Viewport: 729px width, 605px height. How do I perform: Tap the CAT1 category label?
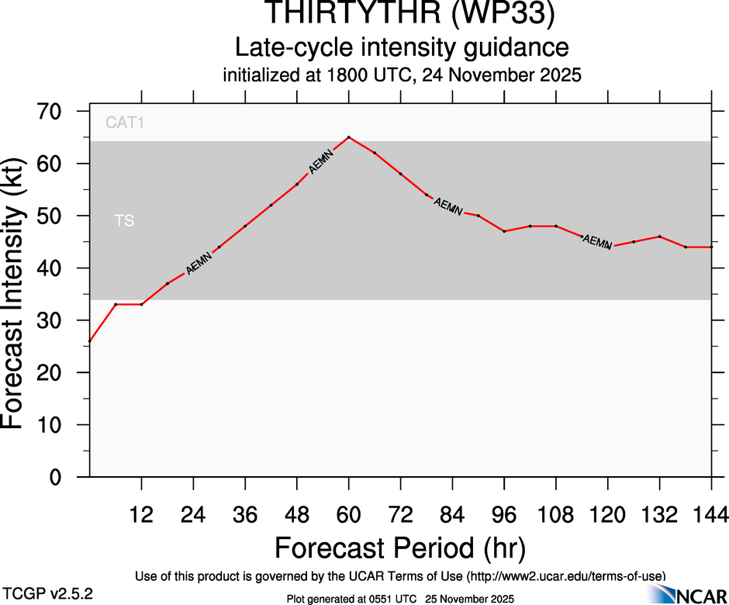point(125,123)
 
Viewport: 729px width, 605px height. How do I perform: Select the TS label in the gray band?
point(124,221)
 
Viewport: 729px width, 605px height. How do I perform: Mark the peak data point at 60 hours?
point(349,137)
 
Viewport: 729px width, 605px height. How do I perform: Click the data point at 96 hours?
point(504,231)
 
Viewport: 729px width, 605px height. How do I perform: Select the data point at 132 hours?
point(660,237)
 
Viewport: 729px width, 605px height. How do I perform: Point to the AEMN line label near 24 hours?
point(199,264)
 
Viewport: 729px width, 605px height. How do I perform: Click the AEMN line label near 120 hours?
point(597,242)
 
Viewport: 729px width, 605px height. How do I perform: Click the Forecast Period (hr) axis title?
point(399,548)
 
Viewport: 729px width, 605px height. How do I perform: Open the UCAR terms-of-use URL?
point(566,576)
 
